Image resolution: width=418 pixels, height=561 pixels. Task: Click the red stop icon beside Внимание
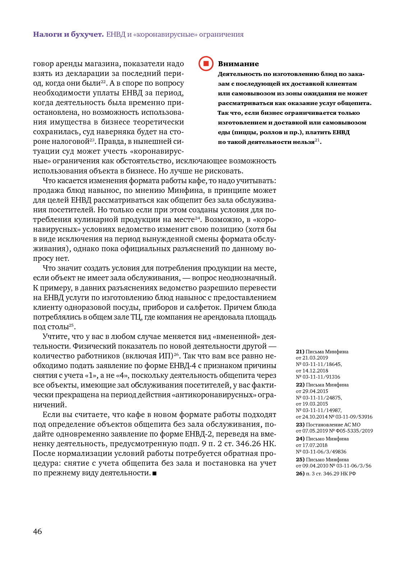[206, 64]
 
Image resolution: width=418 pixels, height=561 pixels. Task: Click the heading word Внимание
[238, 64]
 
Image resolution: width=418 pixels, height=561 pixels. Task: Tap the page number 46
[37, 531]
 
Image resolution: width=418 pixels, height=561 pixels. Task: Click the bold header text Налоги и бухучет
[68, 35]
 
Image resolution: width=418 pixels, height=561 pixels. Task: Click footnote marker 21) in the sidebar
[300, 352]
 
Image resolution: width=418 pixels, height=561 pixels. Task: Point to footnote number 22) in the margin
[300, 385]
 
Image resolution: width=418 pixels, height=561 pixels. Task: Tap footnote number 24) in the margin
[300, 439]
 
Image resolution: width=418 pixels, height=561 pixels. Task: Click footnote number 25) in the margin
[300, 460]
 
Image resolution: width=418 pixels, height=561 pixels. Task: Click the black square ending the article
[155, 474]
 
